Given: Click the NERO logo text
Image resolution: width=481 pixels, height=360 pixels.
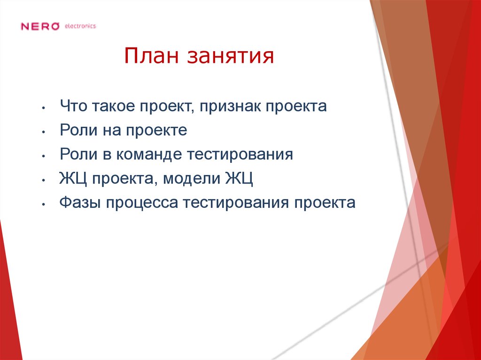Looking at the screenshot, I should point(40,26).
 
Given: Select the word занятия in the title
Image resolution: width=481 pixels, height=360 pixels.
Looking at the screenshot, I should point(231,58).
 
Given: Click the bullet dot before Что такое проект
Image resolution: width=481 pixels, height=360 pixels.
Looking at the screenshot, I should point(43,108).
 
